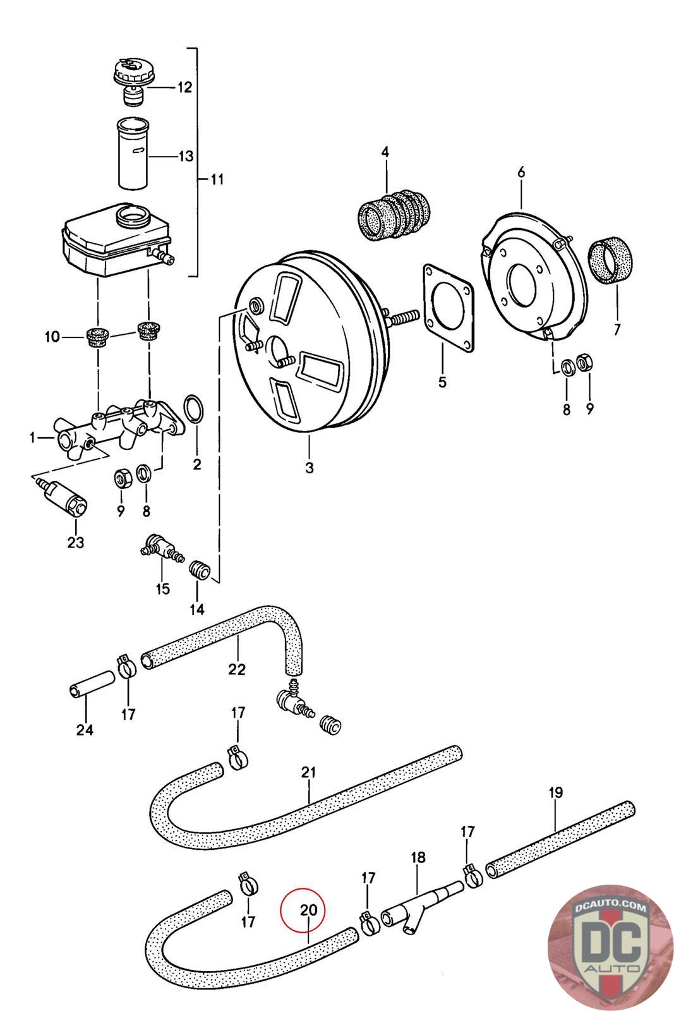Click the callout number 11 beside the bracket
click(x=216, y=179)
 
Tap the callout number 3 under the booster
click(x=310, y=468)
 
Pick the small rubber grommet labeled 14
click(x=199, y=568)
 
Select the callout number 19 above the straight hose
click(x=556, y=792)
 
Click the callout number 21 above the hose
click(x=309, y=772)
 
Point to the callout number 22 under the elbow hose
click(x=238, y=669)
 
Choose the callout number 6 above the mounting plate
click(x=521, y=173)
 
